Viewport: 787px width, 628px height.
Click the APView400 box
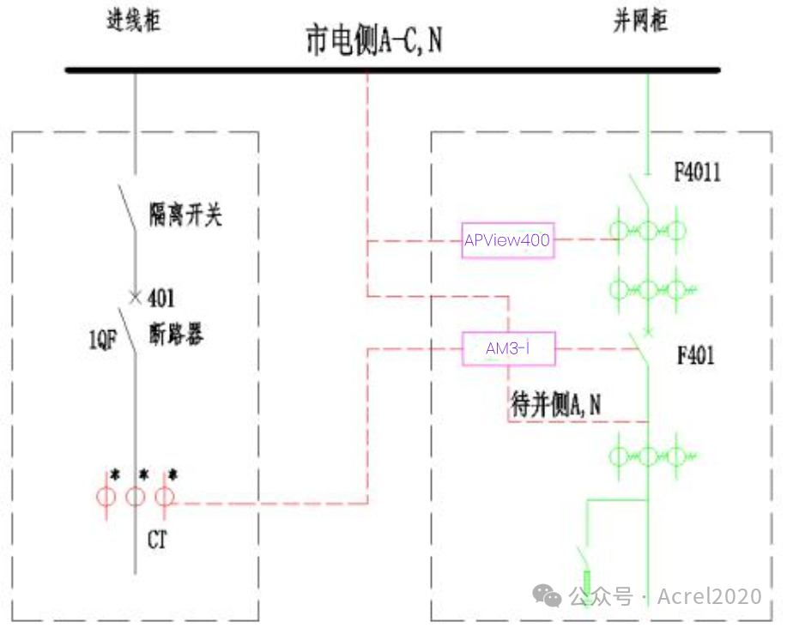[507, 240]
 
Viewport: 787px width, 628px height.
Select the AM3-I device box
[508, 349]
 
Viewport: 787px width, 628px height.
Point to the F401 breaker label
[695, 355]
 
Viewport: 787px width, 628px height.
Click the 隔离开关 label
[185, 214]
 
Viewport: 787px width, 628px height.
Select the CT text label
[157, 540]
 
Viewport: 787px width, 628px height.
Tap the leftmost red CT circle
[106, 497]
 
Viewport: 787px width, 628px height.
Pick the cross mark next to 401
[135, 298]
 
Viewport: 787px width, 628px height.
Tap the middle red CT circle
[135, 497]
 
